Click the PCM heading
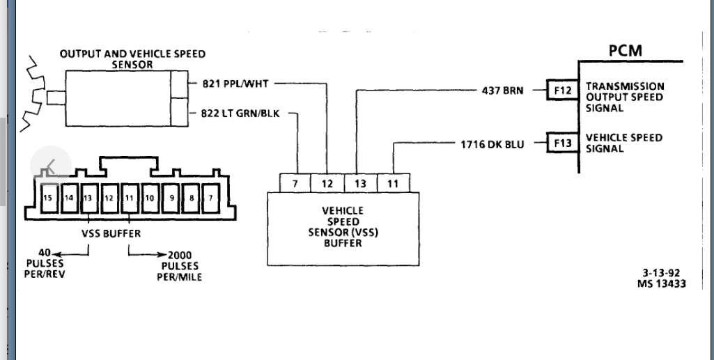click(625, 50)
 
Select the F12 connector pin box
click(562, 91)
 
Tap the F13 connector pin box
click(562, 144)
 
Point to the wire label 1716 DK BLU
click(492, 144)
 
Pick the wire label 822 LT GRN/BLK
click(241, 113)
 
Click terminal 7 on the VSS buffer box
click(295, 183)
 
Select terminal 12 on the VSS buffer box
click(328, 183)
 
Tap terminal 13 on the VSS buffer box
click(360, 183)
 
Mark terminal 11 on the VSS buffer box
click(393, 183)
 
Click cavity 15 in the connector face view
click(48, 198)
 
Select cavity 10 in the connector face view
click(150, 198)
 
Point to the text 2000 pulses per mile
click(179, 266)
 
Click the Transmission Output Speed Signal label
click(625, 97)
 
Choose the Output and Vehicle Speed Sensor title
click(132, 59)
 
